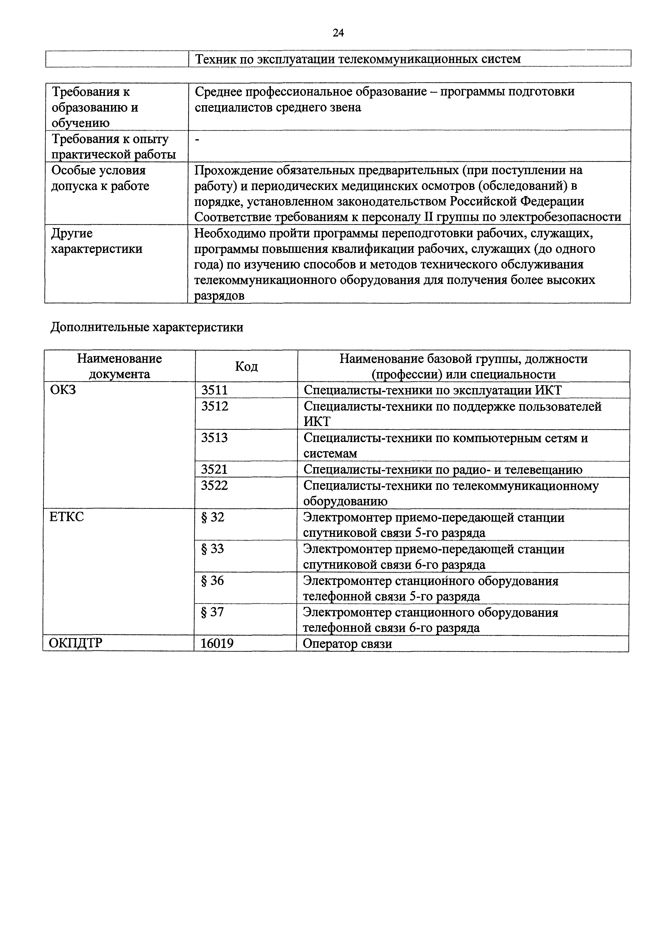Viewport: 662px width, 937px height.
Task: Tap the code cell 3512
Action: tap(215, 407)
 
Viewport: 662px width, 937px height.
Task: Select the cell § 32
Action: tap(212, 517)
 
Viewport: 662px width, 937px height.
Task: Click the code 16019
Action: tap(217, 643)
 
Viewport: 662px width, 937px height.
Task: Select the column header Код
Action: tap(246, 366)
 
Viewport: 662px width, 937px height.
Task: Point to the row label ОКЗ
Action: tap(63, 390)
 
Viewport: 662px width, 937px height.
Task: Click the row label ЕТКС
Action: tap(66, 517)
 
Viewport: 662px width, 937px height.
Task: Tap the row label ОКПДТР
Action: tap(76, 643)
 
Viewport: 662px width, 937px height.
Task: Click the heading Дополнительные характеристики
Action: tap(147, 327)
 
